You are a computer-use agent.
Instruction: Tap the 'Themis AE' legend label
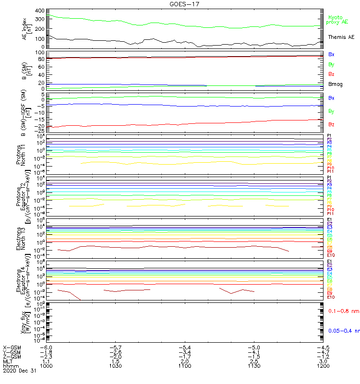click(341, 37)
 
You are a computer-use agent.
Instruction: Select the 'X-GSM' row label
click(12, 347)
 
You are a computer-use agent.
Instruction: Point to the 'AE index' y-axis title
click(24, 28)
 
